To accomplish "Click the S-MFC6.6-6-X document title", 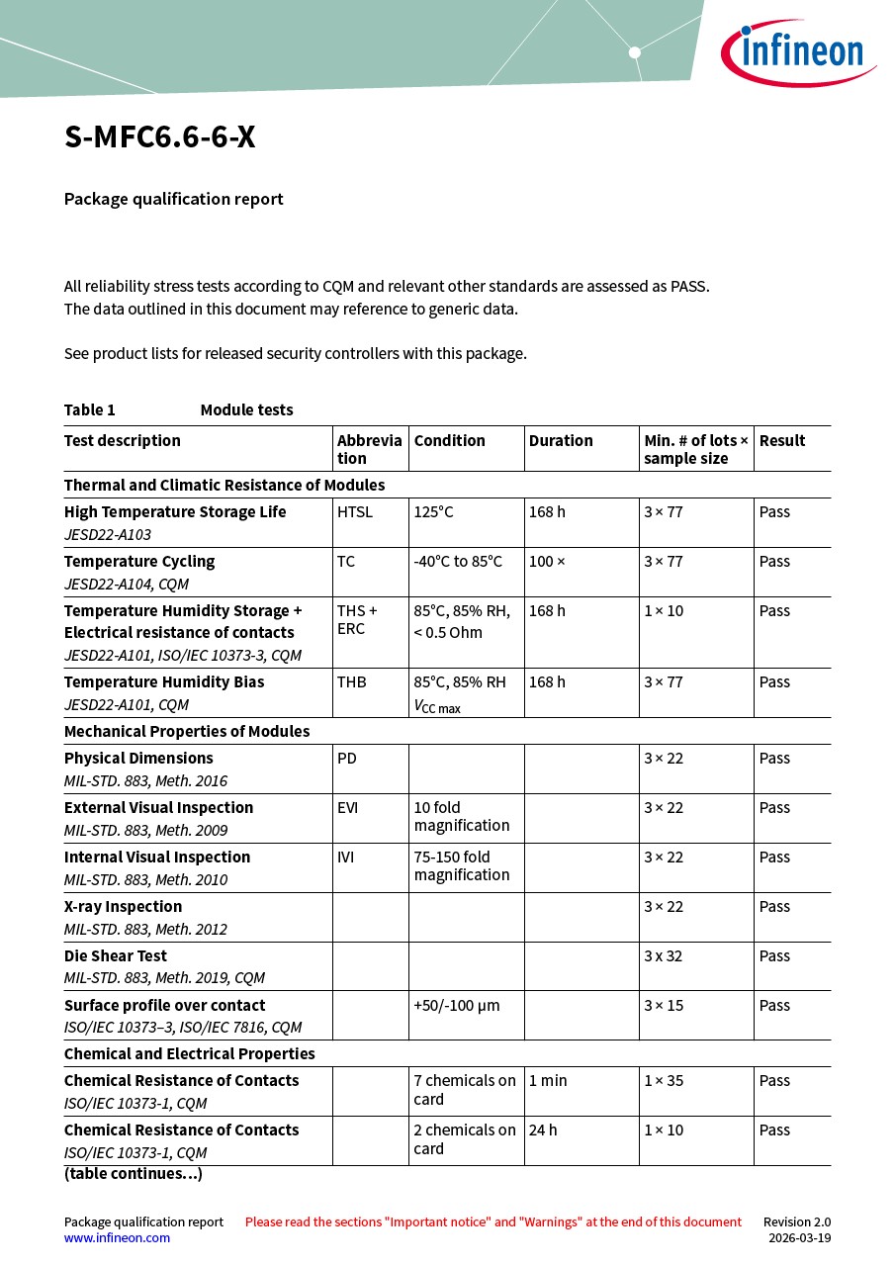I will (160, 137).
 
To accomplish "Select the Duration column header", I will (561, 441).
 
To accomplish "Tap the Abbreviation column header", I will (369, 449).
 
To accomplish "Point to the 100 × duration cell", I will (547, 562).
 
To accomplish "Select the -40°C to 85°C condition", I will (458, 562).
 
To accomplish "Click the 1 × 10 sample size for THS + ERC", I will (664, 611).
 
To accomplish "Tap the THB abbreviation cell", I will (352, 682).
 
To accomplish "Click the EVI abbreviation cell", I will (348, 808).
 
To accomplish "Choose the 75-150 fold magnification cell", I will (462, 866).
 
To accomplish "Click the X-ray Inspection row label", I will (124, 907).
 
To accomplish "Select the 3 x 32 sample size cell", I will (664, 956).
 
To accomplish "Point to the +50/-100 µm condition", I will (457, 1006).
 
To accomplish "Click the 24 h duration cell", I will (543, 1130).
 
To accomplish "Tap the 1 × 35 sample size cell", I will (664, 1081).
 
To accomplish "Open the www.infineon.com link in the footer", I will (117, 1238).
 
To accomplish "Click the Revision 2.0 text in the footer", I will (797, 1222).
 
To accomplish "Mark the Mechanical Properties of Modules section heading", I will (187, 732).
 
